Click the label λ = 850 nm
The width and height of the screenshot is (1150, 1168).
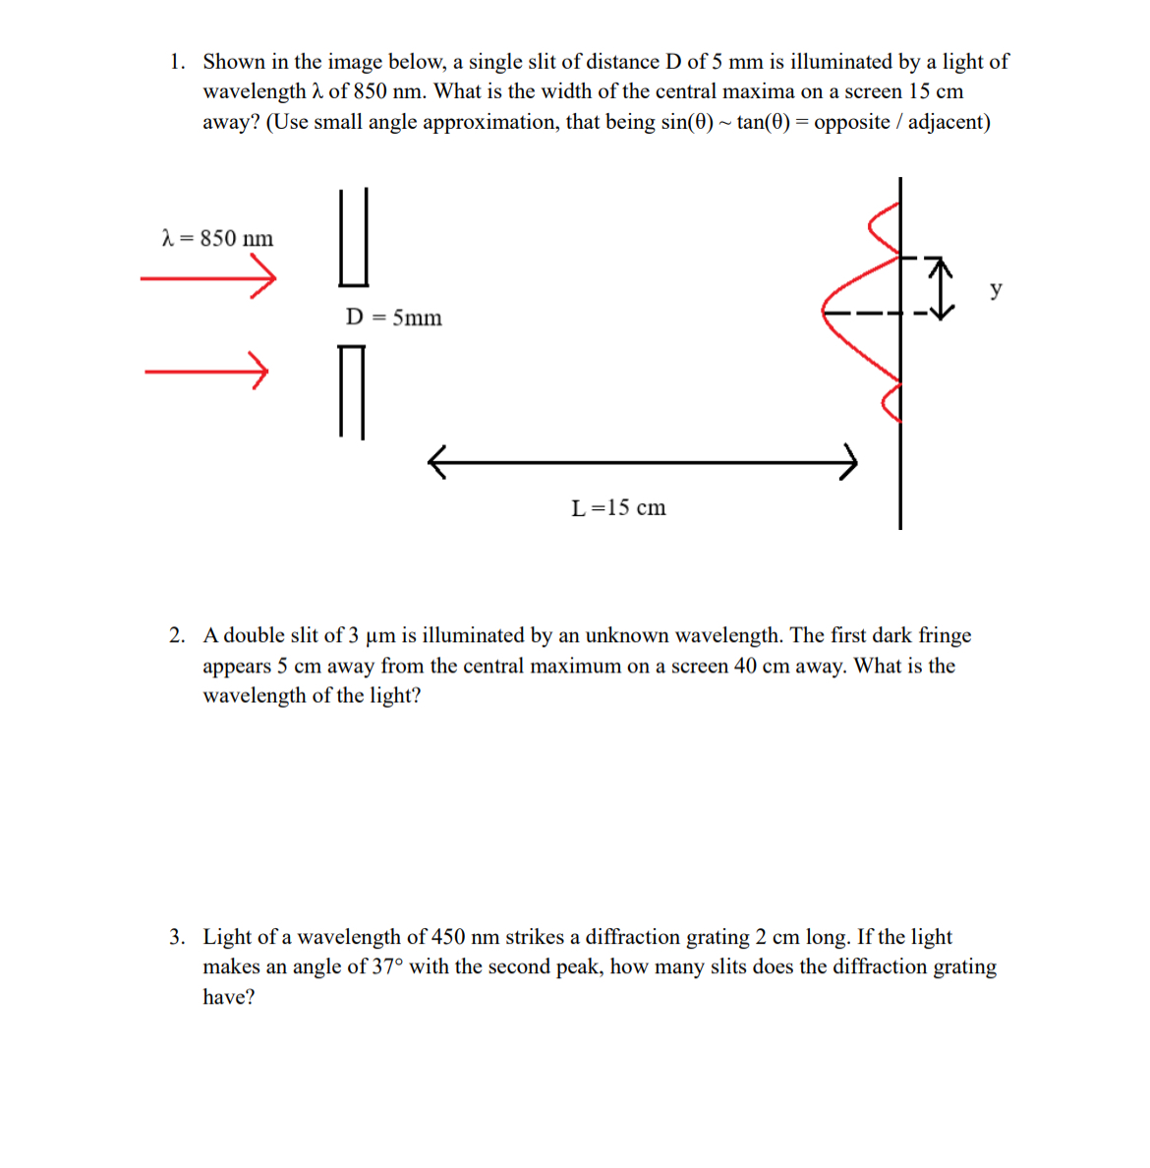click(217, 238)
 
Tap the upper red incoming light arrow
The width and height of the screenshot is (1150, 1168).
click(207, 279)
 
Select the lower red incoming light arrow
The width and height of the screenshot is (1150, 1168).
click(206, 372)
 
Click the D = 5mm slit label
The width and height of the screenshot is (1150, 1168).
click(393, 318)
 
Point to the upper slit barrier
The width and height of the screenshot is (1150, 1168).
click(354, 237)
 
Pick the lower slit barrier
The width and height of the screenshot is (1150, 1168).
click(352, 390)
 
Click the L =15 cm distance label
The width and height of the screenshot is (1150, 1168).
click(618, 508)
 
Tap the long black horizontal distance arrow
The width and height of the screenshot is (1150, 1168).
click(643, 461)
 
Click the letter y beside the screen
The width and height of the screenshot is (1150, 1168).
click(997, 289)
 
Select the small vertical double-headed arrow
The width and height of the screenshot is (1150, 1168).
click(941, 288)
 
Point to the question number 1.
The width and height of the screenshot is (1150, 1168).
click(176, 62)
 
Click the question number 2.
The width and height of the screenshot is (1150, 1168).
click(176, 636)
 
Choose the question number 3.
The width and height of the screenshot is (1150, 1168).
click(176, 937)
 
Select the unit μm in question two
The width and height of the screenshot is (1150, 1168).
click(379, 637)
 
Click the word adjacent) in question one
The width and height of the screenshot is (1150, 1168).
click(949, 122)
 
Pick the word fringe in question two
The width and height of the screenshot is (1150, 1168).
click(945, 636)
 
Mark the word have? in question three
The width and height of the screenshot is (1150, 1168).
click(228, 998)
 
